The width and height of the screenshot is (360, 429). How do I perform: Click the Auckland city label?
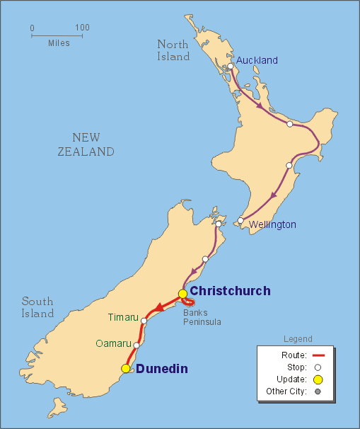257,60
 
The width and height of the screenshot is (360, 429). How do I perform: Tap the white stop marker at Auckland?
230,67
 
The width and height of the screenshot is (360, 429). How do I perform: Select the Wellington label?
272,224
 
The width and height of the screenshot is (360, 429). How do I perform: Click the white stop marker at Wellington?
241,220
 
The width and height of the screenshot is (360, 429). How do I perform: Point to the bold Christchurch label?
230,291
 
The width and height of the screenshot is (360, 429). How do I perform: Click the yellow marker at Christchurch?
182,294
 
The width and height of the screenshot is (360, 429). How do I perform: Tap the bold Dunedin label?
163,368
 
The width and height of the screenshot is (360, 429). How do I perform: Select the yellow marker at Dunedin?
126,368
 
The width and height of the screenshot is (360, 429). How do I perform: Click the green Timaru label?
124,316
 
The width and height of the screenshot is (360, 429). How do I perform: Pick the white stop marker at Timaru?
144,321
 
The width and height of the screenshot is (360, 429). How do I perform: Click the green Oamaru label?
114,343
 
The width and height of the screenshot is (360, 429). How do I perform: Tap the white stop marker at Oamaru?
137,345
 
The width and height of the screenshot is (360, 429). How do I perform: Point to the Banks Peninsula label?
202,317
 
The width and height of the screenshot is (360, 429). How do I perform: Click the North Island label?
173,50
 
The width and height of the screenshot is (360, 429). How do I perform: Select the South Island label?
37,307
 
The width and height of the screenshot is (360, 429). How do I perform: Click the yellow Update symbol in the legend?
318,379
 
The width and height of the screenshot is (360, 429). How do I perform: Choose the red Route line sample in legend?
318,355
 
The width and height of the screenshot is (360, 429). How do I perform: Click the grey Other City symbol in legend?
318,391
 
